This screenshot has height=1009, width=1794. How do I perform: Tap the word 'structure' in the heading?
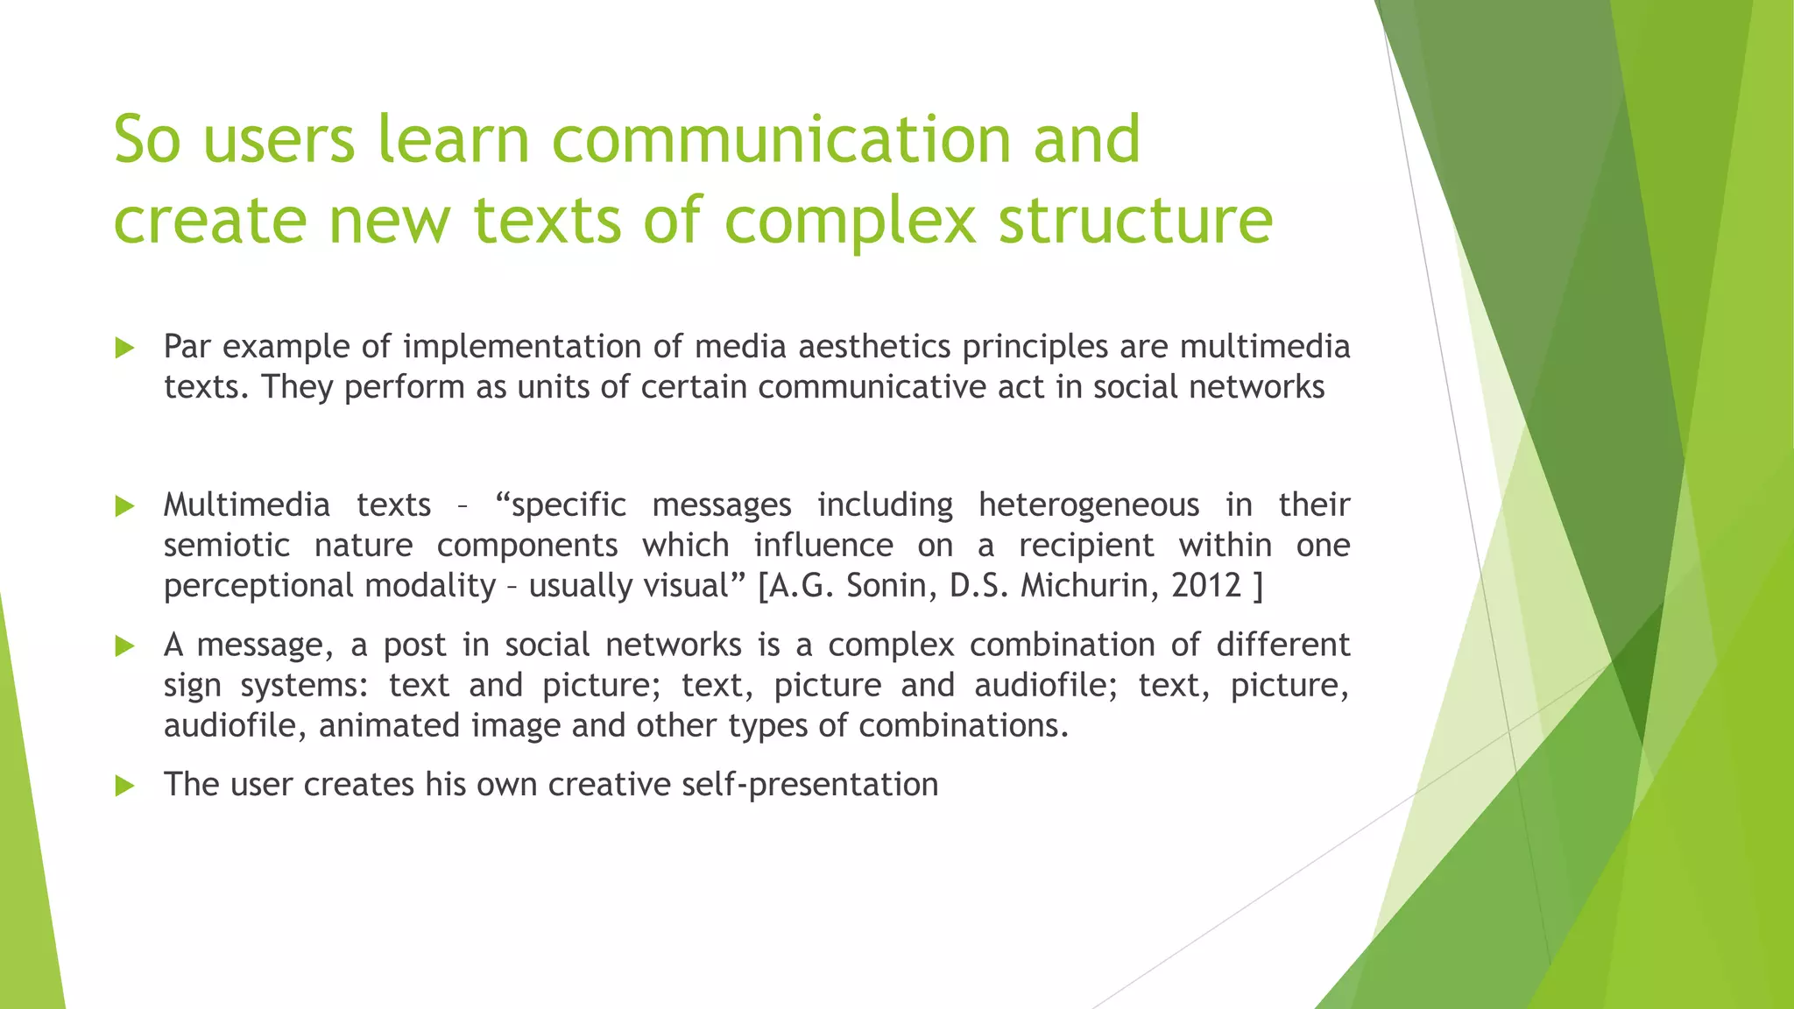pyautogui.click(x=1135, y=219)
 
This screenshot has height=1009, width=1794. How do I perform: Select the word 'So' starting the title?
pyautogui.click(x=147, y=140)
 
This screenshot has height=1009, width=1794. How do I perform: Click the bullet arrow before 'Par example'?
pyautogui.click(x=124, y=349)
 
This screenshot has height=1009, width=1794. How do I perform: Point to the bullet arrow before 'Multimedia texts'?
pyautogui.click(x=124, y=506)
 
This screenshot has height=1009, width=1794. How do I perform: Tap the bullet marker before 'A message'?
pyautogui.click(x=124, y=646)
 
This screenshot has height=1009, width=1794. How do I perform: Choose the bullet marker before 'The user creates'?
pyautogui.click(x=124, y=786)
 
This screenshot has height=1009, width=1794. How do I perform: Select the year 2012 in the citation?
pyautogui.click(x=1206, y=585)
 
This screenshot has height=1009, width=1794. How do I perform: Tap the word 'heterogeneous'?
pyautogui.click(x=1089, y=505)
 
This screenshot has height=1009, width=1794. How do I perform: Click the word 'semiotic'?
pyautogui.click(x=227, y=546)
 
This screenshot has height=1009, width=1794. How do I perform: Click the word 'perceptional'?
pyautogui.click(x=258, y=586)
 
